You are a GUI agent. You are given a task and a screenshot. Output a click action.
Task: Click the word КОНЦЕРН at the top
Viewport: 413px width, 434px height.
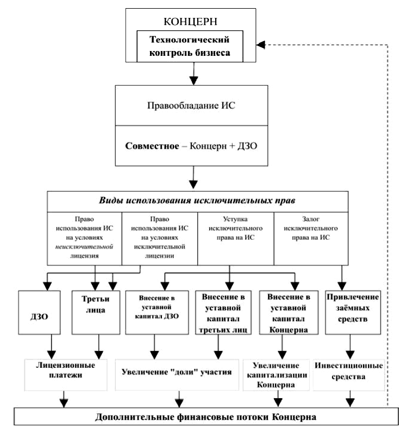click(190, 21)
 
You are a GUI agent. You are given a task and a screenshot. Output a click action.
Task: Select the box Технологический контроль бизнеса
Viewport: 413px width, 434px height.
click(190, 46)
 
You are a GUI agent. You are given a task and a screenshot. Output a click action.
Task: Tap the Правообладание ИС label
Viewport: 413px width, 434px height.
click(191, 105)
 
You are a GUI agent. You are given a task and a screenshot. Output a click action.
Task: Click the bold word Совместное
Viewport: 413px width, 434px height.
click(152, 146)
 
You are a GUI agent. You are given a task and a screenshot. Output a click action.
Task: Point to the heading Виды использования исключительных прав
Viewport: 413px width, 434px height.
click(197, 200)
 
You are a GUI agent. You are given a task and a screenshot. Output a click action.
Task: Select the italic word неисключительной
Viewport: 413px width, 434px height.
click(84, 247)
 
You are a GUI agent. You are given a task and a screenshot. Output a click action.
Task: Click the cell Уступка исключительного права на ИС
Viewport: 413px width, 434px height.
click(236, 239)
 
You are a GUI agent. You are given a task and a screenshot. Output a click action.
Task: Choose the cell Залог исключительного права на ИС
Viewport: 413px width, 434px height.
click(311, 239)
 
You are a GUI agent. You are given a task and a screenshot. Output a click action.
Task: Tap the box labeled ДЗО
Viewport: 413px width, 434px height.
click(39, 312)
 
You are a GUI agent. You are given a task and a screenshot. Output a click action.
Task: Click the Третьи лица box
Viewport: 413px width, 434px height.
click(96, 312)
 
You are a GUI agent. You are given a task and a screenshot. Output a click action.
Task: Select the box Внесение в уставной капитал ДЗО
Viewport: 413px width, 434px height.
click(157, 312)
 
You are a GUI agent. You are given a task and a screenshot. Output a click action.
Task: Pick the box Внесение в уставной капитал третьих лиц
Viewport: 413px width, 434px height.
click(223, 312)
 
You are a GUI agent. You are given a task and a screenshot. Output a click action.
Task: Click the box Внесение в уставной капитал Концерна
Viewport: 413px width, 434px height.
click(289, 312)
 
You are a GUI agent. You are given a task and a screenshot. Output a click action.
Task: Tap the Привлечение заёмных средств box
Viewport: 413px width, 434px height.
click(353, 312)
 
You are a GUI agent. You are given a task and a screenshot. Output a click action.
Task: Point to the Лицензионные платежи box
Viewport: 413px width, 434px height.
click(66, 375)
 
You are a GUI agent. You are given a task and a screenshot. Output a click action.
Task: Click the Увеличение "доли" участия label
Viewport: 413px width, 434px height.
click(177, 372)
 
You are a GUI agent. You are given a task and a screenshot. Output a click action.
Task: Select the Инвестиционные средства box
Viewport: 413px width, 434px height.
click(349, 375)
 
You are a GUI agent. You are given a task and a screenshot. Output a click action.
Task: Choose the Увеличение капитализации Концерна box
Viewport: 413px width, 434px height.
click(276, 375)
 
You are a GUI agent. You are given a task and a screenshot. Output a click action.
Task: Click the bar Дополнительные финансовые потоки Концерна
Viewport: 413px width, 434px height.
click(206, 416)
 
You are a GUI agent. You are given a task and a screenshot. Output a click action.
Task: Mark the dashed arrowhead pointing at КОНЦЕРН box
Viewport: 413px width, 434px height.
click(260, 45)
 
